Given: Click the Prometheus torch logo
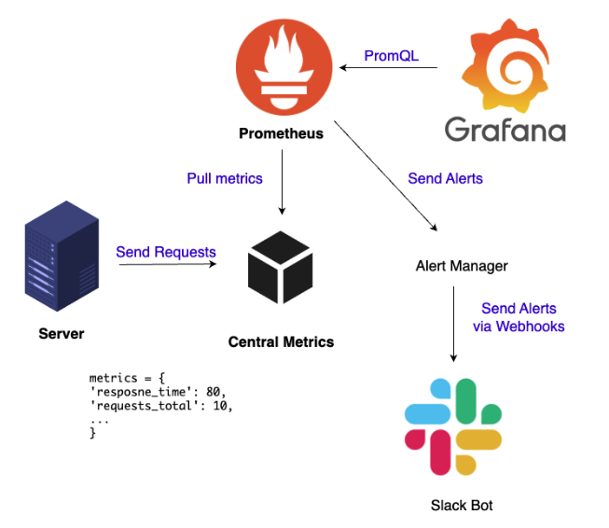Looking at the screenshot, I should click(281, 67).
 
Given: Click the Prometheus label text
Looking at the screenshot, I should click(281, 133).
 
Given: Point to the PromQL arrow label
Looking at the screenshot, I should click(391, 56).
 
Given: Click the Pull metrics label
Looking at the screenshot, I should click(225, 178).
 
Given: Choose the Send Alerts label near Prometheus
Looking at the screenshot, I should click(445, 178).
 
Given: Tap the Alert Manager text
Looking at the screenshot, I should click(462, 267).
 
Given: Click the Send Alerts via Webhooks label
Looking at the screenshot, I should click(519, 317).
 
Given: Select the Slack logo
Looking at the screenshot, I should click(452, 425).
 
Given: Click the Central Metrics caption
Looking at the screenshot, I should click(281, 342).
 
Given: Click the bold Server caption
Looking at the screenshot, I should click(62, 334).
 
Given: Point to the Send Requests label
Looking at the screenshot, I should click(166, 252).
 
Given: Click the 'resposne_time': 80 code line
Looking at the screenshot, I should click(158, 392).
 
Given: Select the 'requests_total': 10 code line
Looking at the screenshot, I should click(161, 406).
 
